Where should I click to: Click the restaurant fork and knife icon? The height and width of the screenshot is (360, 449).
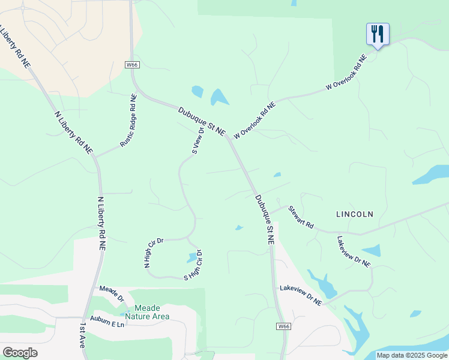378,34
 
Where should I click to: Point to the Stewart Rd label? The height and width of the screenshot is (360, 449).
301,217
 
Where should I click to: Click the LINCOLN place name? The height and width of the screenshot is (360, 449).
355,214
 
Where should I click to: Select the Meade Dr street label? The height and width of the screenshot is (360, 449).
112,294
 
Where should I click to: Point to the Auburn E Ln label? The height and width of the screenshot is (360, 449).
107,322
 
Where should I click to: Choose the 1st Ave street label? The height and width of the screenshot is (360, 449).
83,335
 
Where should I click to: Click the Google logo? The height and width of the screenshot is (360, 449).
20,352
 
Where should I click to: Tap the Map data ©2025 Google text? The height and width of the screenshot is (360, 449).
411,355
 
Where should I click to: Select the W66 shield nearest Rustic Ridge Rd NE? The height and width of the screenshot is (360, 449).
132,64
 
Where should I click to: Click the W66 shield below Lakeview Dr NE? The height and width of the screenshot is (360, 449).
284,326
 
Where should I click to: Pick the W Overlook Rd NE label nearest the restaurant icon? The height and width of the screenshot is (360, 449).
346,73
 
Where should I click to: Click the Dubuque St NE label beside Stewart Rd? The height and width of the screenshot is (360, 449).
265,218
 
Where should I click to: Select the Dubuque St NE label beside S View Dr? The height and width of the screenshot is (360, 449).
202,120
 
